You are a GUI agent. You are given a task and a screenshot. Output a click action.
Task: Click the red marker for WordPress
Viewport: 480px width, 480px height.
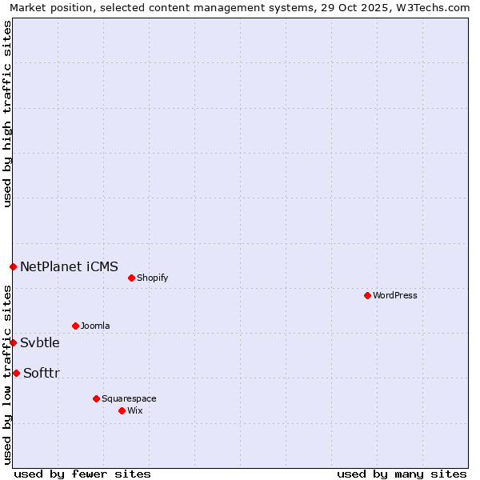[x=367, y=295]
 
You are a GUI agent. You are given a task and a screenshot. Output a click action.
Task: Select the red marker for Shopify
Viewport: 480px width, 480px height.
[x=131, y=278]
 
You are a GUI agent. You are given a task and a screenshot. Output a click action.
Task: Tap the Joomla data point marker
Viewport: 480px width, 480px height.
[x=75, y=326]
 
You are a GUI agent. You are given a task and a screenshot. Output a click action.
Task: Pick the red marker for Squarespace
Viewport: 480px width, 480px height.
[x=96, y=398]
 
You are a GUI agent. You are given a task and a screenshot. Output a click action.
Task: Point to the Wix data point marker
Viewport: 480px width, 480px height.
[x=122, y=410]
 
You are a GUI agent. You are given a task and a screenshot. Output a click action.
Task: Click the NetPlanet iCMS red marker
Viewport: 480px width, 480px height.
[x=13, y=266]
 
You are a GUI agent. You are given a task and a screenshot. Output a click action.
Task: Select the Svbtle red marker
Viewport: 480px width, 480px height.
[x=13, y=342]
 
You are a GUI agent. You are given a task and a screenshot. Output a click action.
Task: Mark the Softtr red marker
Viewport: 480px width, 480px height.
[x=16, y=373]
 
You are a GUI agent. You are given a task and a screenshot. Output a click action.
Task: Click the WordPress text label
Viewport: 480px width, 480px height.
[x=395, y=296]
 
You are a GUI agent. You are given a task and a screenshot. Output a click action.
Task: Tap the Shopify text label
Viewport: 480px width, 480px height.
[x=152, y=278]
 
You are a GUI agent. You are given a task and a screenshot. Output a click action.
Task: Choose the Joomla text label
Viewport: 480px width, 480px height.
[x=95, y=326]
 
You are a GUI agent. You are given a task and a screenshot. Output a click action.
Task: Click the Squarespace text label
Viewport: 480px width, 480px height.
[x=129, y=399]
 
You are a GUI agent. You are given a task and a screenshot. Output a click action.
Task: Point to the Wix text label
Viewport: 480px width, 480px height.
[x=134, y=411]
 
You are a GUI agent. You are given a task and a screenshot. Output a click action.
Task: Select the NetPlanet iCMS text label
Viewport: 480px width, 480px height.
[x=69, y=266]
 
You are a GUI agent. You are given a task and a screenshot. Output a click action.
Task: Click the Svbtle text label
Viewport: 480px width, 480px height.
[x=40, y=343]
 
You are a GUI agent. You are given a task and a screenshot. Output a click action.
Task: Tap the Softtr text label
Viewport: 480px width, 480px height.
[x=42, y=374]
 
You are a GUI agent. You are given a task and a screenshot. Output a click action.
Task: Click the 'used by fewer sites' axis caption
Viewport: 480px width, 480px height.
[x=82, y=474]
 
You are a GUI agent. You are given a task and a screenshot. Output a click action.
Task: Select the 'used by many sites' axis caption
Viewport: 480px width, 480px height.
[x=402, y=474]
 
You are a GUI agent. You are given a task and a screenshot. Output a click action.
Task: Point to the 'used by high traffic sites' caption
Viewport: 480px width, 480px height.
[x=7, y=114]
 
